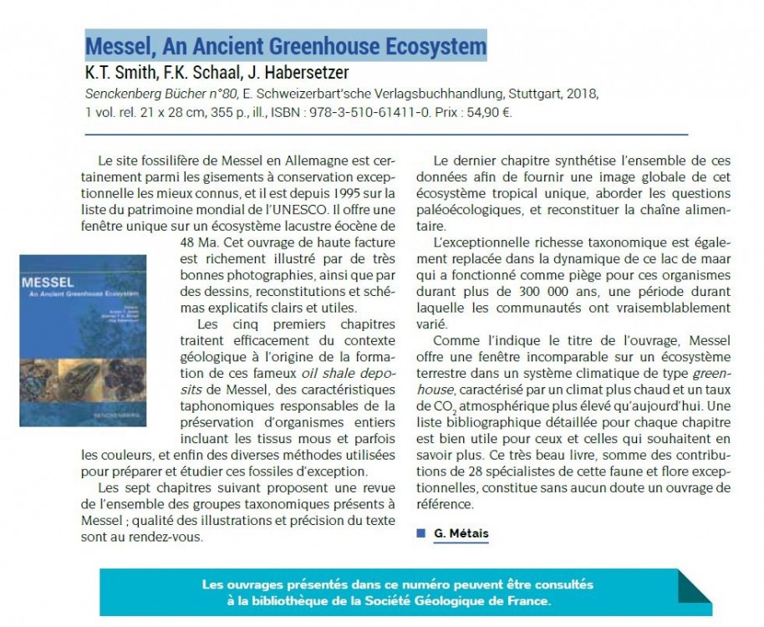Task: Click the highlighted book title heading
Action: pyautogui.click(x=286, y=43)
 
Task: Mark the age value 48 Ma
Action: pyautogui.click(x=186, y=242)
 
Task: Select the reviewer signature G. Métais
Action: pyautogui.click(x=461, y=533)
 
